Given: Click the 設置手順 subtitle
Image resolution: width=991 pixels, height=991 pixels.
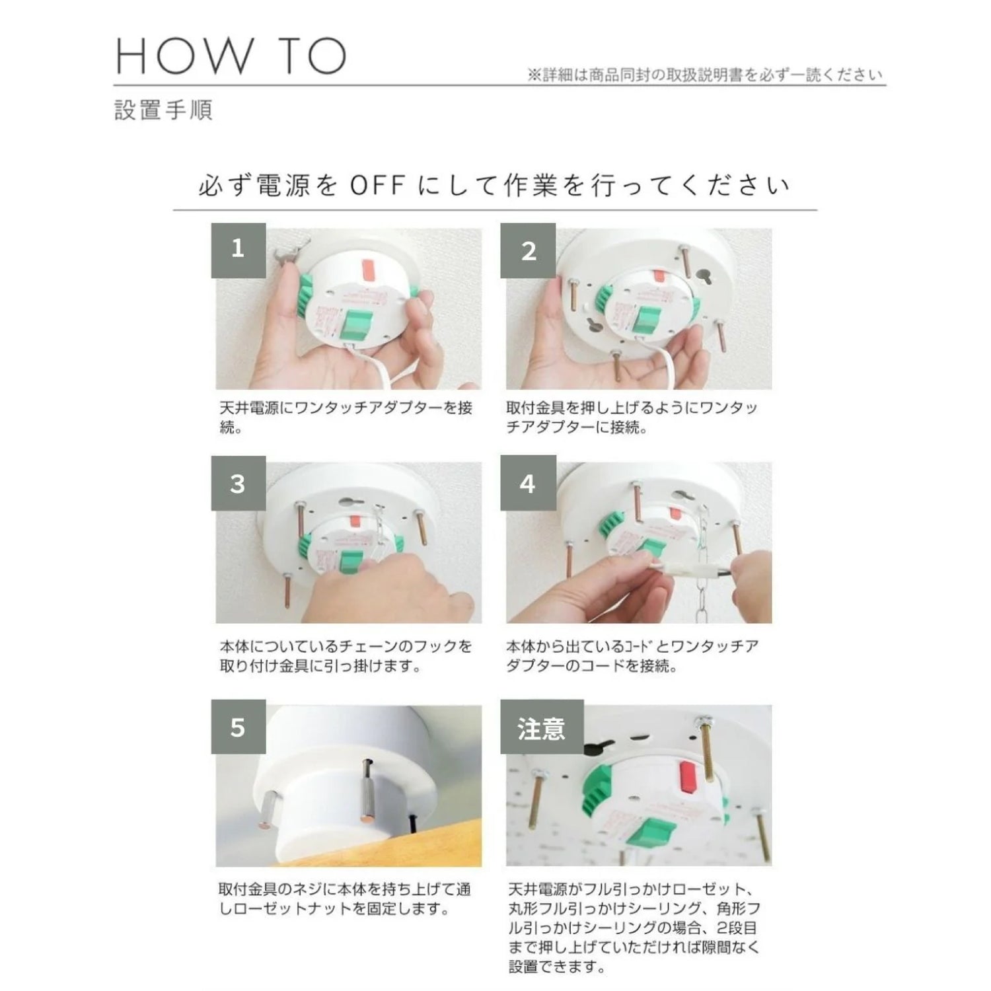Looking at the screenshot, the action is point(163,110).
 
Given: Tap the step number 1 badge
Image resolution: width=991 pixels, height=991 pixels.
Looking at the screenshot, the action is point(239,250).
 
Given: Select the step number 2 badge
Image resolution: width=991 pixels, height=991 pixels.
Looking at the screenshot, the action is point(528,250).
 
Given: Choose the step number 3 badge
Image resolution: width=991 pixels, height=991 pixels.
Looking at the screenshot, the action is point(239,483).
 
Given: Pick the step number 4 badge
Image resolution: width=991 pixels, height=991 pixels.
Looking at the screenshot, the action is point(528,483).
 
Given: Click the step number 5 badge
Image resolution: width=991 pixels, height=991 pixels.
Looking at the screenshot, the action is point(239,727).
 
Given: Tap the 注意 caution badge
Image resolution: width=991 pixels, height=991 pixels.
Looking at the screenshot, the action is point(542,727).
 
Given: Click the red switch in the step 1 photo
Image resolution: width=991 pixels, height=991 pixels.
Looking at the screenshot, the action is point(366,270).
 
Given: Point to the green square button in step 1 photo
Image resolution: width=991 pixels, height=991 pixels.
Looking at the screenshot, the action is point(357,328).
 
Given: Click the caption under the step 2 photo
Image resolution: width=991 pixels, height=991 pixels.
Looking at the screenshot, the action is point(632,418).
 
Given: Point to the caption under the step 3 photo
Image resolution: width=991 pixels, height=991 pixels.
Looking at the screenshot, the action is point(346,655).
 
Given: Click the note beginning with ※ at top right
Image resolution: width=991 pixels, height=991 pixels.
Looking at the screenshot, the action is point(705,75).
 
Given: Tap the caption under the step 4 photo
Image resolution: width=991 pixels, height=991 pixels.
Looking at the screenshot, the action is point(632,655).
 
